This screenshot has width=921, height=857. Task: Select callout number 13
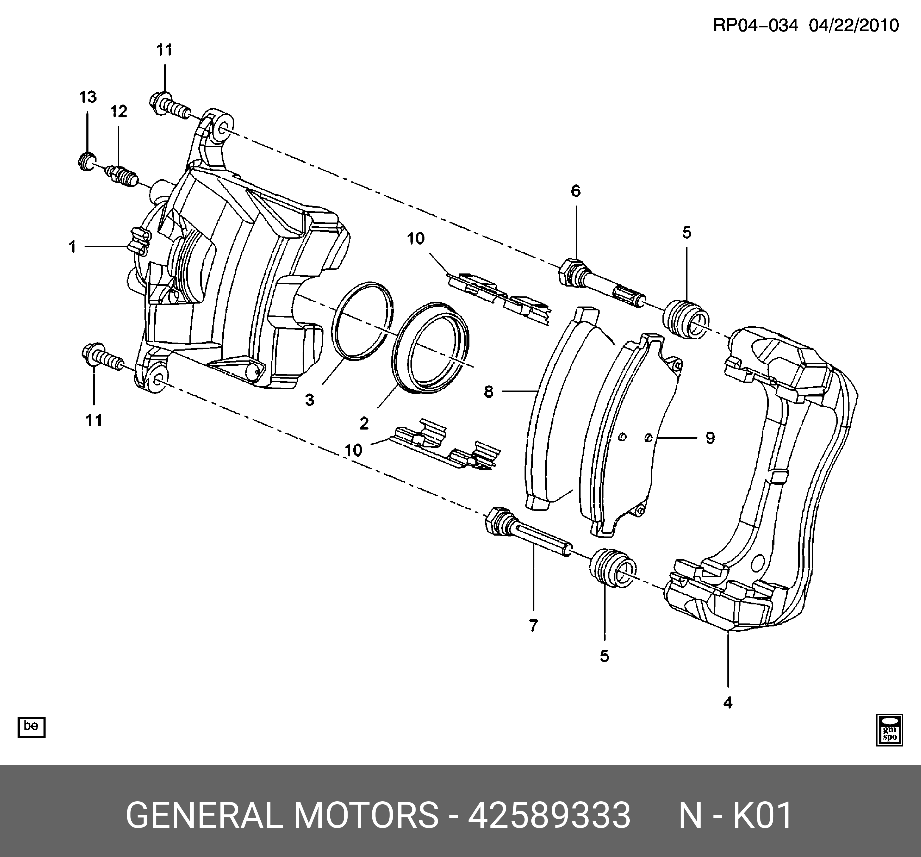(88, 97)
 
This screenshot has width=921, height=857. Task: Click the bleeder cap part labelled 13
(85, 161)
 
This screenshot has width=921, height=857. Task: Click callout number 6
(575, 191)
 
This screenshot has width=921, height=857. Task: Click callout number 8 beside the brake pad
(489, 392)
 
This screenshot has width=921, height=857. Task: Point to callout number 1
(73, 247)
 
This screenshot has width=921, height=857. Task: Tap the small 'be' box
(31, 726)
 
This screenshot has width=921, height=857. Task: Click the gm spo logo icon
(889, 730)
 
